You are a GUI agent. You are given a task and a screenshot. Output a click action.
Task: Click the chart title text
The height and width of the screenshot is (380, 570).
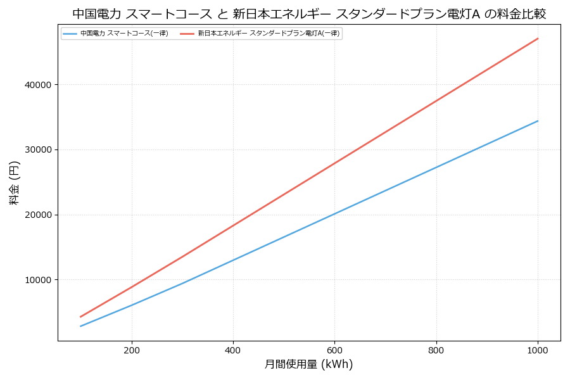coord(309,14)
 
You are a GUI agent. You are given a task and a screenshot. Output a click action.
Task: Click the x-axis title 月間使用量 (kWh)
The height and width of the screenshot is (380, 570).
coord(308,364)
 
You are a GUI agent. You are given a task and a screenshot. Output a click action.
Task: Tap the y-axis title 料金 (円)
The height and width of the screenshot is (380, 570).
coord(14,183)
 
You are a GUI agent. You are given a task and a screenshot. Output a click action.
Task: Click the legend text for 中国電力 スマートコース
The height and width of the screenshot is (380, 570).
coord(124,34)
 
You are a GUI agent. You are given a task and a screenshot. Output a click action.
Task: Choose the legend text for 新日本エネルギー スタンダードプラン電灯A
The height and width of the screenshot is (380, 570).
coord(269,34)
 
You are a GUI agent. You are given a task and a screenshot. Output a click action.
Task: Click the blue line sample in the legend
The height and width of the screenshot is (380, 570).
coord(70,34)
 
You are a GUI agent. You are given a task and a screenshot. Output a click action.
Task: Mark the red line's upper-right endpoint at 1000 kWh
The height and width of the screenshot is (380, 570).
coord(538,39)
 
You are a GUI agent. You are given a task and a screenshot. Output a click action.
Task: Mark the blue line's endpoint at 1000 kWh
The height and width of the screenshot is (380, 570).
coord(538,121)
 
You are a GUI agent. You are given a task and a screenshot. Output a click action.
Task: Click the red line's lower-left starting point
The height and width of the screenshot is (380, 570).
coord(80,317)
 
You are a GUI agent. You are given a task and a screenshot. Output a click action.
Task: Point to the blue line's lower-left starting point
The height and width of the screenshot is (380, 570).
coord(80,326)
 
